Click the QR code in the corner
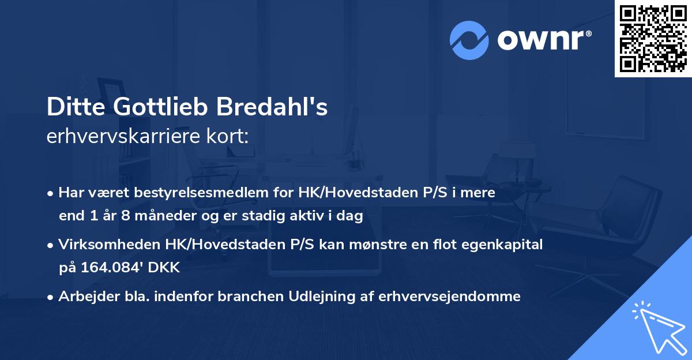click(653, 38)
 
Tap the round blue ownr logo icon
click(469, 40)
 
